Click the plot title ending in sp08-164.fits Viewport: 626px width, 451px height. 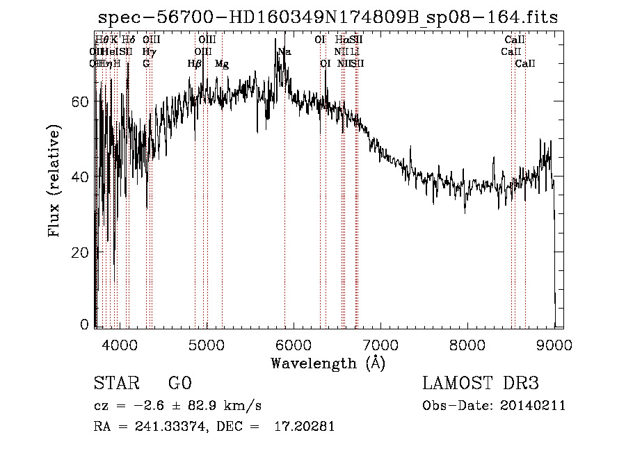pyautogui.click(x=328, y=17)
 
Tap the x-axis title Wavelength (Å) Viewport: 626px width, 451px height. pyautogui.click(x=328, y=363)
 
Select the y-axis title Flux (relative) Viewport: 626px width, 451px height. pyautogui.click(x=54, y=181)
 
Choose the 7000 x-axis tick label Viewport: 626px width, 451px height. pyautogui.click(x=380, y=344)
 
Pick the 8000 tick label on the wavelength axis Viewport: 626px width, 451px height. pyautogui.click(x=467, y=344)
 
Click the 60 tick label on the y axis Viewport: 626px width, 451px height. pyautogui.click(x=80, y=101)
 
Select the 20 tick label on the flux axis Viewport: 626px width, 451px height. pyautogui.click(x=80, y=252)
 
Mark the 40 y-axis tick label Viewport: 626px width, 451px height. pyautogui.click(x=80, y=177)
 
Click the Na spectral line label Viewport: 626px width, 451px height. pyautogui.click(x=284, y=52)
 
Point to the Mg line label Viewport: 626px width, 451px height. pyautogui.click(x=222, y=64)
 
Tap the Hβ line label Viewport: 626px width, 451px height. pyautogui.click(x=195, y=64)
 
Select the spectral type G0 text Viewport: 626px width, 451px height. pyautogui.click(x=179, y=384)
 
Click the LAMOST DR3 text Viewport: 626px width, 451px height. pyautogui.click(x=481, y=384)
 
